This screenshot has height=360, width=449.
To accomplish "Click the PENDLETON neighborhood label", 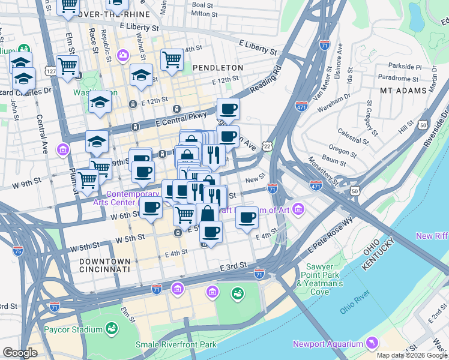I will pyautogui.click(x=218, y=68).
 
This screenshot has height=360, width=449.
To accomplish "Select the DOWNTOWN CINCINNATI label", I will pyautogui.click(x=104, y=266).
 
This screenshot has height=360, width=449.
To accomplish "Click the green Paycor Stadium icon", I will pyautogui.click(x=111, y=329).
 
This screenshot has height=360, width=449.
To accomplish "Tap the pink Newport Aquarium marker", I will pyautogui.click(x=372, y=343).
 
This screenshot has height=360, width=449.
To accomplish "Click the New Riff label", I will pyautogui.click(x=432, y=236).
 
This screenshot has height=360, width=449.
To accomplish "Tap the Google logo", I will pyautogui.click(x=20, y=353).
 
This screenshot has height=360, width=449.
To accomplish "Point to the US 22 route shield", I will pyautogui.click(x=267, y=146).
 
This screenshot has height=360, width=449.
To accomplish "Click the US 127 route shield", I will pyautogui.click(x=52, y=71).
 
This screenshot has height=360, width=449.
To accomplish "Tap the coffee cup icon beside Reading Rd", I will pyautogui.click(x=228, y=109).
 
